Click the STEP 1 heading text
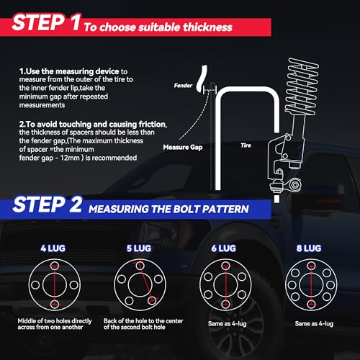click(x=46, y=22)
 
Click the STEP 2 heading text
click(x=48, y=204)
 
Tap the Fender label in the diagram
click(x=183, y=86)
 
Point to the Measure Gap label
click(x=183, y=147)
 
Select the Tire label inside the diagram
click(x=246, y=145)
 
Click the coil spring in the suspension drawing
click(x=302, y=86)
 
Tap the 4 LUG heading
click(x=53, y=248)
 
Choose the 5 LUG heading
click(x=139, y=248)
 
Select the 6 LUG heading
click(x=224, y=248)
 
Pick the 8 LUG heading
click(x=309, y=248)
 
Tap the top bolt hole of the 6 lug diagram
click(x=225, y=266)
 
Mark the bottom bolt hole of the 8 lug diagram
click(x=311, y=304)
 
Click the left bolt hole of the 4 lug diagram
click(x=35, y=285)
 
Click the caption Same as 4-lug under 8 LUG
click(x=314, y=324)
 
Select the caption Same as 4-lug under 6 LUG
click(x=228, y=324)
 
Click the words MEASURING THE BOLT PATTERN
click(x=168, y=209)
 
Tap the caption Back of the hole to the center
click(x=143, y=321)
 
